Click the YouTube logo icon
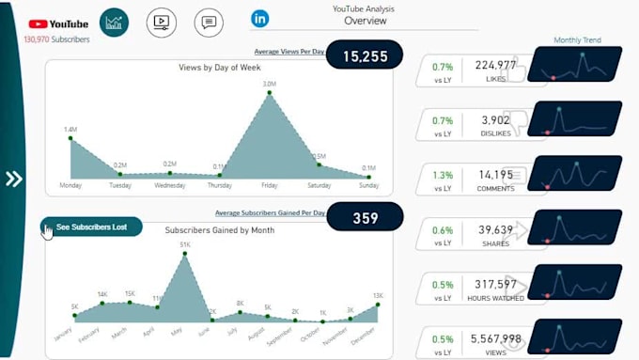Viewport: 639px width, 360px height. [x=39, y=23]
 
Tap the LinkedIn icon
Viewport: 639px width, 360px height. [x=259, y=18]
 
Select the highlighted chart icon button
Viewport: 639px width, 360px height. [x=115, y=23]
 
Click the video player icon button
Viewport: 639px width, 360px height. [x=161, y=22]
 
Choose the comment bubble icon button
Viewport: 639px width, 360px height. [x=209, y=22]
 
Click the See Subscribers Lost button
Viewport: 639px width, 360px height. [x=91, y=227]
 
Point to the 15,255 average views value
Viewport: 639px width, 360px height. [x=365, y=56]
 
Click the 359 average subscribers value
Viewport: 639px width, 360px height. [x=365, y=218]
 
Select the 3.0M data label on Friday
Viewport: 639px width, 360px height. [x=270, y=85]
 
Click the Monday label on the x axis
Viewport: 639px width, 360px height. [x=70, y=185]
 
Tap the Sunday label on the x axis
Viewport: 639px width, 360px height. [x=368, y=185]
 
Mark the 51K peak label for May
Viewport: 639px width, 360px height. [x=185, y=245]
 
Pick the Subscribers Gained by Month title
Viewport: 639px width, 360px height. [x=219, y=230]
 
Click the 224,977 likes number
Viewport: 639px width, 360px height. [x=495, y=65]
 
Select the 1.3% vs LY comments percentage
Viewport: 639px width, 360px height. [x=443, y=174]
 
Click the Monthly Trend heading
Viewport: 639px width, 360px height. [x=577, y=40]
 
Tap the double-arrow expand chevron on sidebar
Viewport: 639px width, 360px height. [x=14, y=179]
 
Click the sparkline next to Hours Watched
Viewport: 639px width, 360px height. [x=574, y=283]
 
